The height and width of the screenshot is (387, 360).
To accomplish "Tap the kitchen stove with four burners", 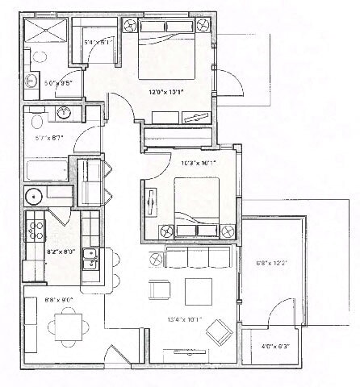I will click(x=35, y=231).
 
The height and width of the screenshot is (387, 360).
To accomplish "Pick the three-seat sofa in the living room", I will click(x=198, y=258).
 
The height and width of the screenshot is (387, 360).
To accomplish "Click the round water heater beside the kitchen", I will click(x=35, y=196).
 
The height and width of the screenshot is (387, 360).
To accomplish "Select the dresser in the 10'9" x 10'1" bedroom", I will click(x=151, y=200).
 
